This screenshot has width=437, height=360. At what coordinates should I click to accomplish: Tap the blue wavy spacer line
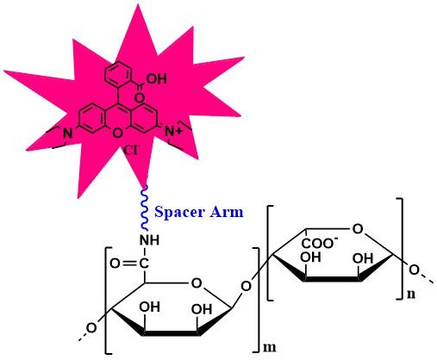[x=145, y=208]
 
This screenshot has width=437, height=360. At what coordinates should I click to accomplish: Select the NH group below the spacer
[x=149, y=240]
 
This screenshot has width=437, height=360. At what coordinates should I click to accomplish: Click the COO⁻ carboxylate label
[x=320, y=243]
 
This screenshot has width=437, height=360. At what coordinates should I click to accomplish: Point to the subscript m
[x=269, y=347]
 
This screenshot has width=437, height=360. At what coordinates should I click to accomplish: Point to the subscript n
[x=411, y=295]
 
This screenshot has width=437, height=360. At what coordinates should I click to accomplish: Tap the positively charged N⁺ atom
[x=173, y=132]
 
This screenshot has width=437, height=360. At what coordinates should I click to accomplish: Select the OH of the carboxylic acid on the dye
[x=157, y=78]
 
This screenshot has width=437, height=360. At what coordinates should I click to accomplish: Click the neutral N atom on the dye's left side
[x=67, y=133]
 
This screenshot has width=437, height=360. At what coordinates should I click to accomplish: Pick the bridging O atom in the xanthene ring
[x=117, y=133]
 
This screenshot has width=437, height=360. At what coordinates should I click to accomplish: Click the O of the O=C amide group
[x=115, y=264]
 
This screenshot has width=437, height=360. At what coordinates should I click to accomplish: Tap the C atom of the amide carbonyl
[x=144, y=264]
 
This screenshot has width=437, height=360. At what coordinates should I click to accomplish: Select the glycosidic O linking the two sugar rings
[x=246, y=286]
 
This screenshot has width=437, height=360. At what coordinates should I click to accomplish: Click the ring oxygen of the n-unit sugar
[x=358, y=229]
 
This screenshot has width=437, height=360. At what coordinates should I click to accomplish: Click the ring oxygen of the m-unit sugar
[x=197, y=283]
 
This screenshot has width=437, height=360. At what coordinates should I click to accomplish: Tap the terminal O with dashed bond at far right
[x=414, y=270]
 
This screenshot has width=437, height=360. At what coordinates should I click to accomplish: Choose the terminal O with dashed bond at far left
[x=91, y=327]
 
